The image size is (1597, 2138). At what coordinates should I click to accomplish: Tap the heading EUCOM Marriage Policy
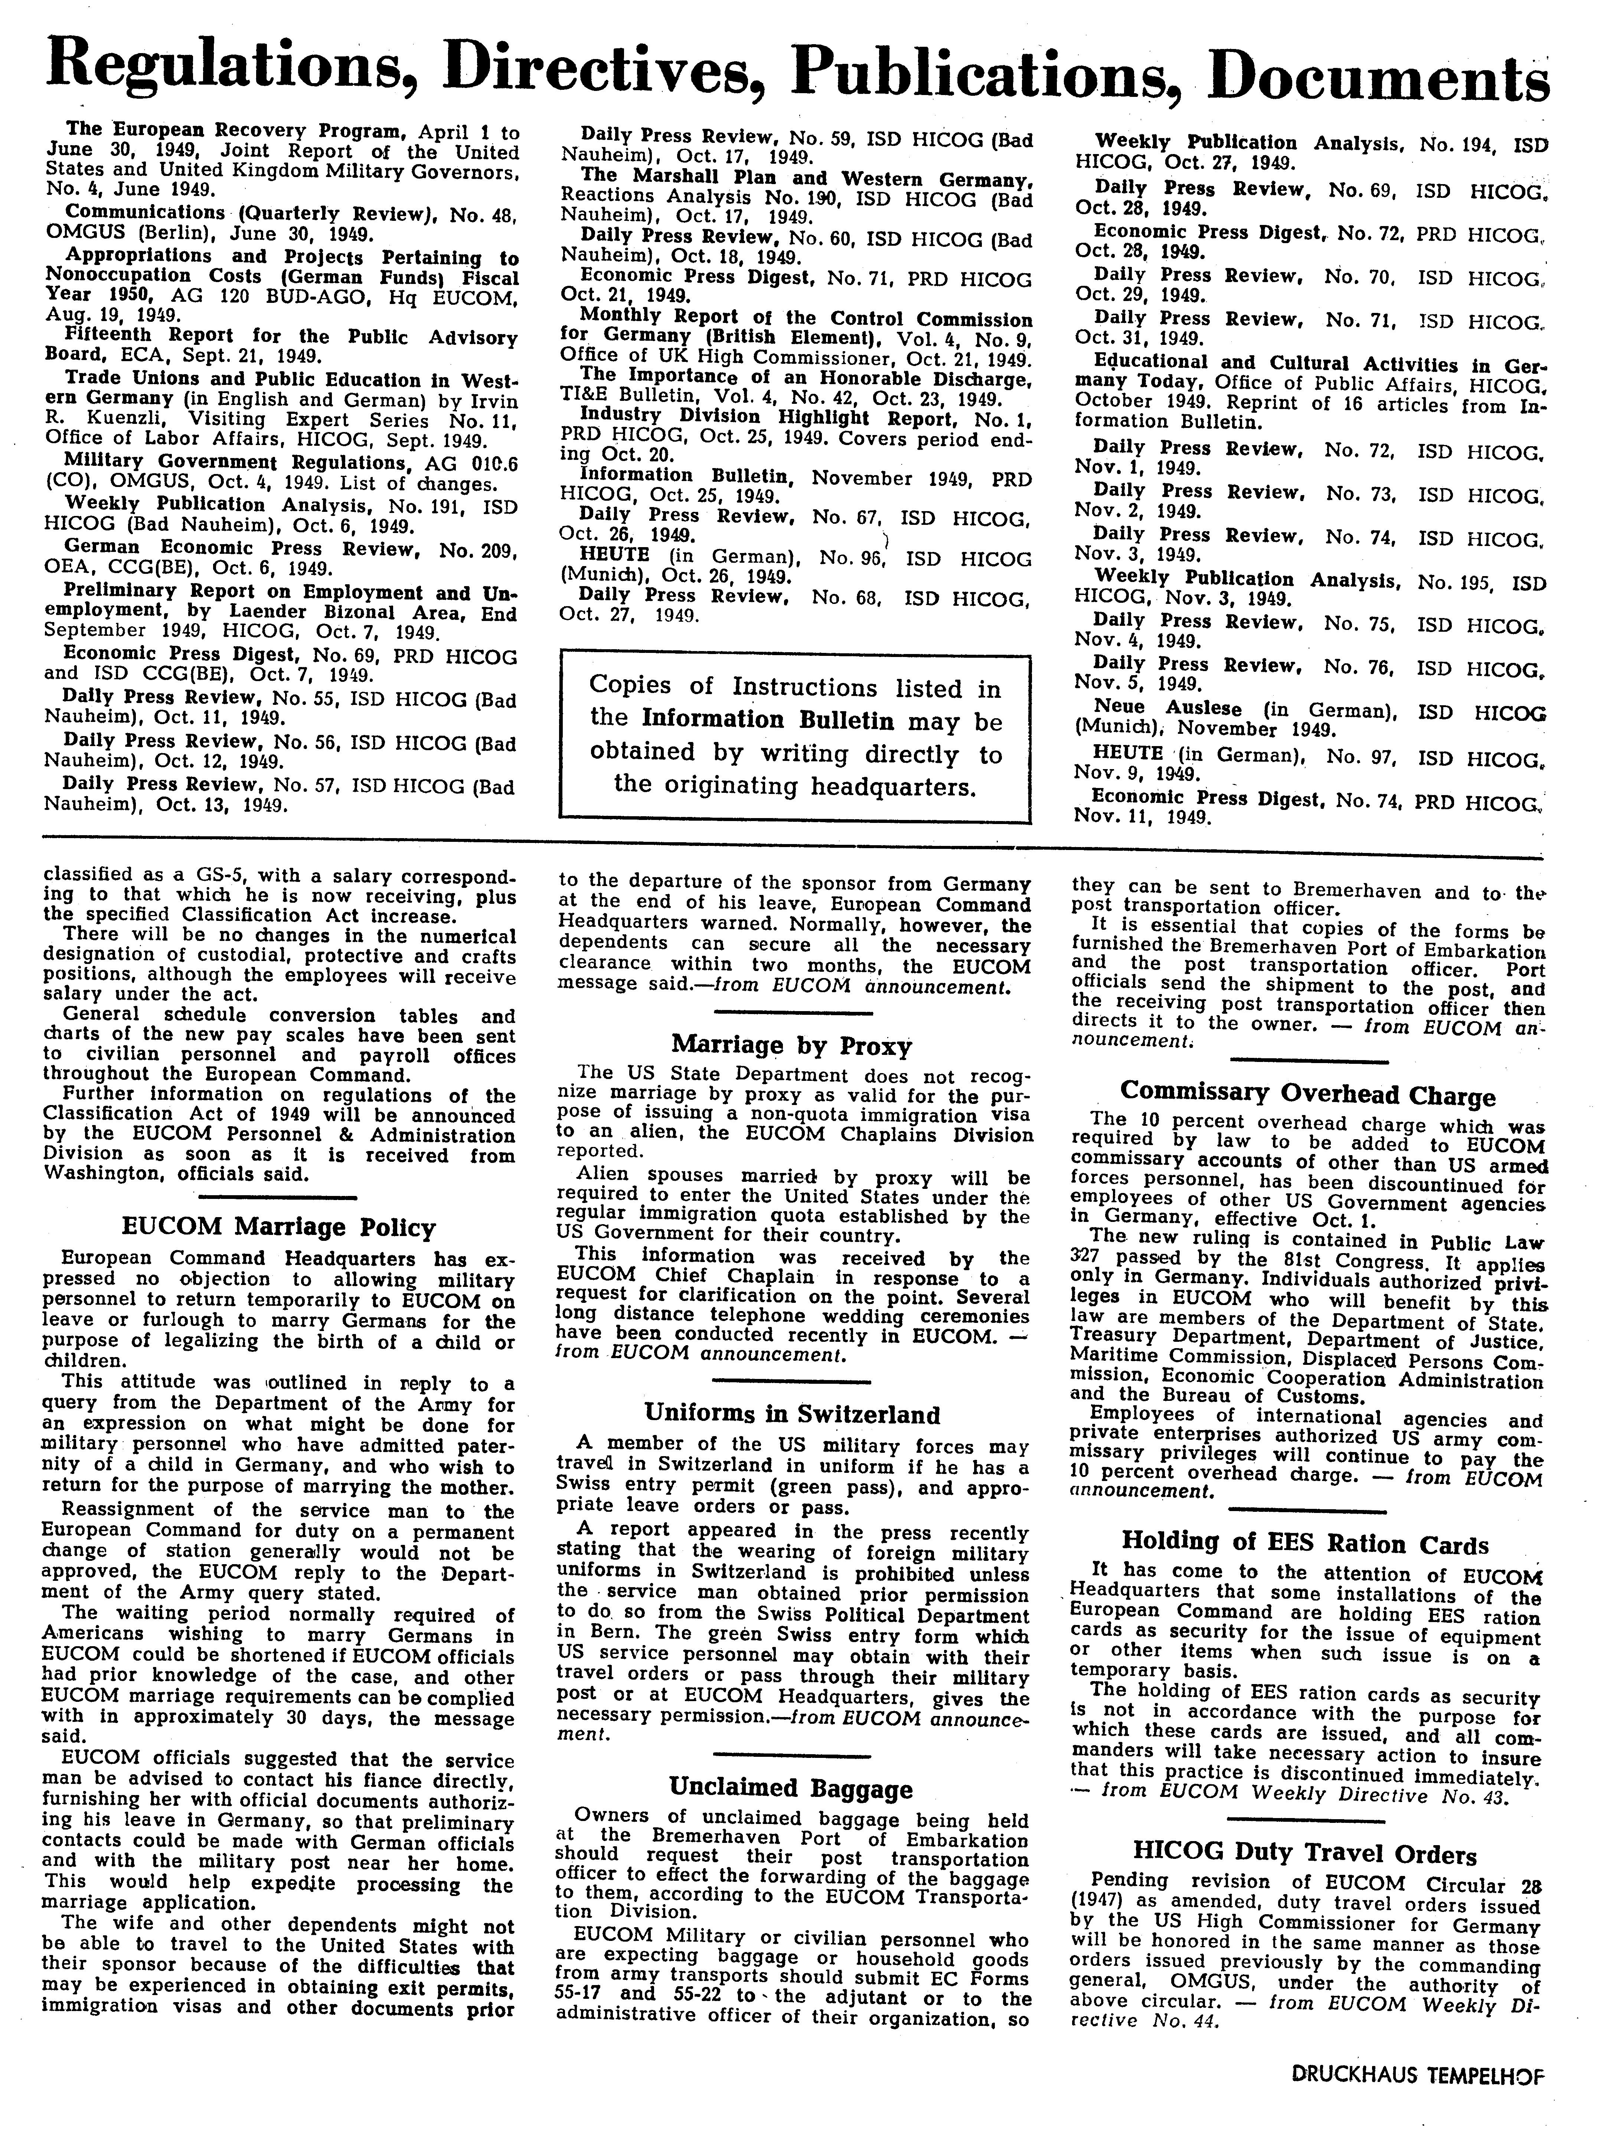click(278, 1227)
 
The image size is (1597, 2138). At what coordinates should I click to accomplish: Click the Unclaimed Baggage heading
click(791, 1788)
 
